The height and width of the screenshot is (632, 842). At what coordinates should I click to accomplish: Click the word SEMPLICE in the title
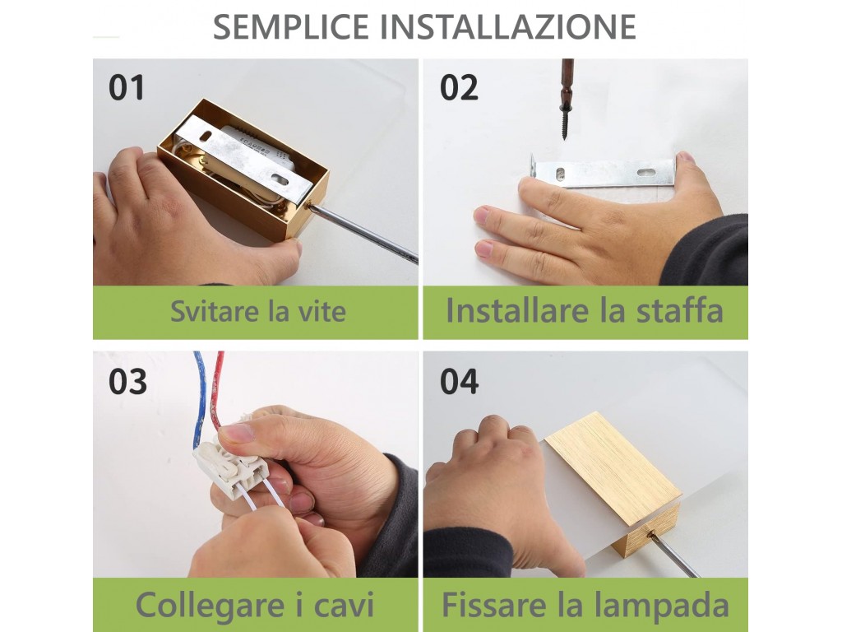coord(291,27)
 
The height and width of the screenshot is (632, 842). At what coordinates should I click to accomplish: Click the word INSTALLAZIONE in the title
coord(508,27)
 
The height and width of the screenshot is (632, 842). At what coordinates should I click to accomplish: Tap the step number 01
coord(127,87)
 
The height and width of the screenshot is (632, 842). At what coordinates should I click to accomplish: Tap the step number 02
coord(459,87)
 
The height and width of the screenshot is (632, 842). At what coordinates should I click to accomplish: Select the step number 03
coord(127,382)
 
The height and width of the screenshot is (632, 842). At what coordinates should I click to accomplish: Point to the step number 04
coord(459,382)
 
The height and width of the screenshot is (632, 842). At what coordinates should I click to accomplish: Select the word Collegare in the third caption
coord(210,606)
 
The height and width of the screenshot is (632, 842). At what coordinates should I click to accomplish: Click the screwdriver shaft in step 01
coord(362,233)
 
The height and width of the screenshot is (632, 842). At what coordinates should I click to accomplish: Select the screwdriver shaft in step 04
coord(674,555)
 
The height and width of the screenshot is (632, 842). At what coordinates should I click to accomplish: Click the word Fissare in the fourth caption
coord(494,605)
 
